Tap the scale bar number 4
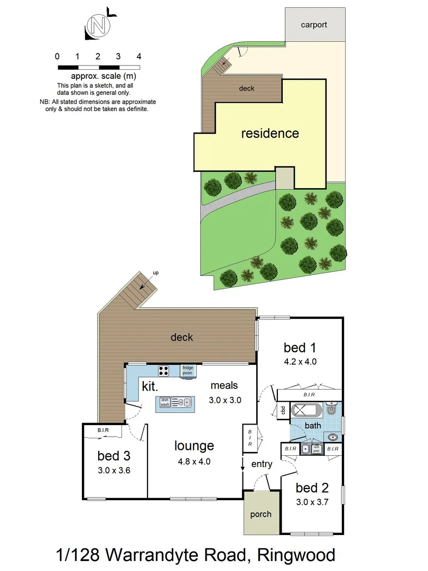(138, 56)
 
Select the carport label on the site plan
(314, 24)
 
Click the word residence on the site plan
(270, 133)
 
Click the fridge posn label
(188, 370)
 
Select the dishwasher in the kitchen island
(164, 402)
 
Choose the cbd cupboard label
(283, 410)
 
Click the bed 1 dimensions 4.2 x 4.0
(300, 362)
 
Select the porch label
(260, 514)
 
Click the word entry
(262, 464)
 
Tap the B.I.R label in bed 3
(103, 431)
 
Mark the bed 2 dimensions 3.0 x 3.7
(312, 502)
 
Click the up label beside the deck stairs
(155, 273)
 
